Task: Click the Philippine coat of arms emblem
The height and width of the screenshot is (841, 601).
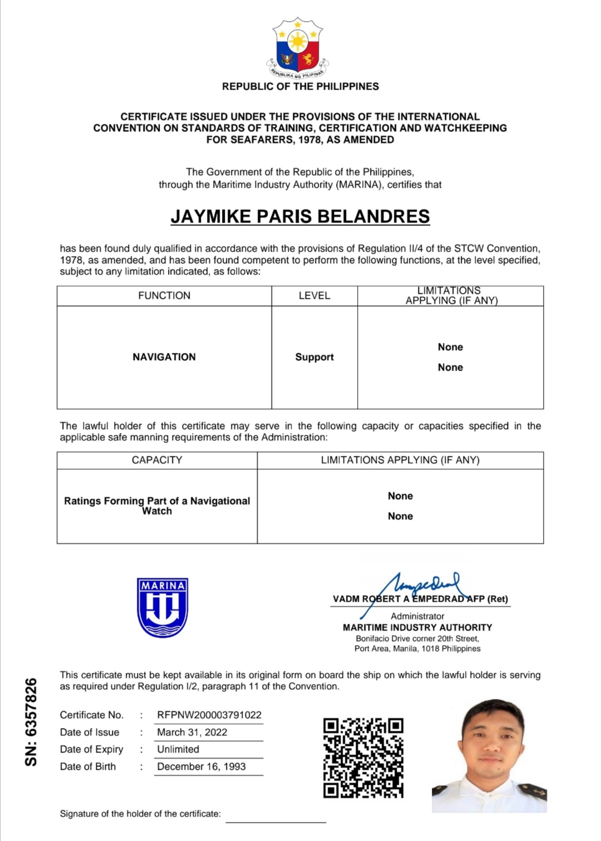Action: click(298, 49)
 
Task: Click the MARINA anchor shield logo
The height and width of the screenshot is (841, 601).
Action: click(162, 607)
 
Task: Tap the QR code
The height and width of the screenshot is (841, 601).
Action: click(363, 758)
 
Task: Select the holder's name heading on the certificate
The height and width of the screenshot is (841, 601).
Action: click(300, 217)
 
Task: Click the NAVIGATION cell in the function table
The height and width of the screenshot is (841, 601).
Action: click(164, 357)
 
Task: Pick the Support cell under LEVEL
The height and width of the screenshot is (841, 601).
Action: click(314, 357)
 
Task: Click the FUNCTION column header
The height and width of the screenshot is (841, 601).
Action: click(164, 296)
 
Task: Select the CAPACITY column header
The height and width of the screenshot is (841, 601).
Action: click(157, 460)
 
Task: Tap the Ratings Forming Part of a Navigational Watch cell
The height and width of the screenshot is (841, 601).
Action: click(157, 505)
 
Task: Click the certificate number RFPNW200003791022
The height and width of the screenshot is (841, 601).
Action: click(209, 715)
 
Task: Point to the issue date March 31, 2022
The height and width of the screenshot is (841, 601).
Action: click(192, 732)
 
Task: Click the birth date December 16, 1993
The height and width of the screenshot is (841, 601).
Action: click(201, 766)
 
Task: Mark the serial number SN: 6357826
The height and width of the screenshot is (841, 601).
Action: click(31, 721)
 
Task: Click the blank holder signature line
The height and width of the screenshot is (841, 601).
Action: click(275, 820)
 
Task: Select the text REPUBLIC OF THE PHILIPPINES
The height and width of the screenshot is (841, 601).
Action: click(300, 86)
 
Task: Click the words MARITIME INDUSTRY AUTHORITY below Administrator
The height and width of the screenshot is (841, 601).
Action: click(417, 627)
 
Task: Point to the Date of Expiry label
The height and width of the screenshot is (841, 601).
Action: click(91, 749)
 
